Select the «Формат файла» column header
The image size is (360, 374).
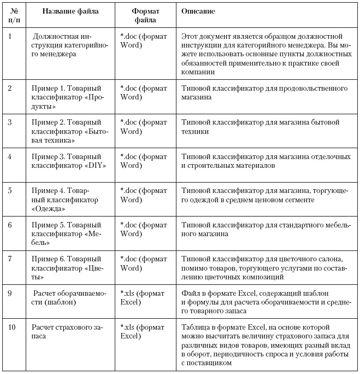[x=144, y=15]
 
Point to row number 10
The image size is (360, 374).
[x=11, y=328]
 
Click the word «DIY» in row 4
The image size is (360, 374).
[x=96, y=165]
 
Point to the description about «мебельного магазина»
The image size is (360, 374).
[x=264, y=230]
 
